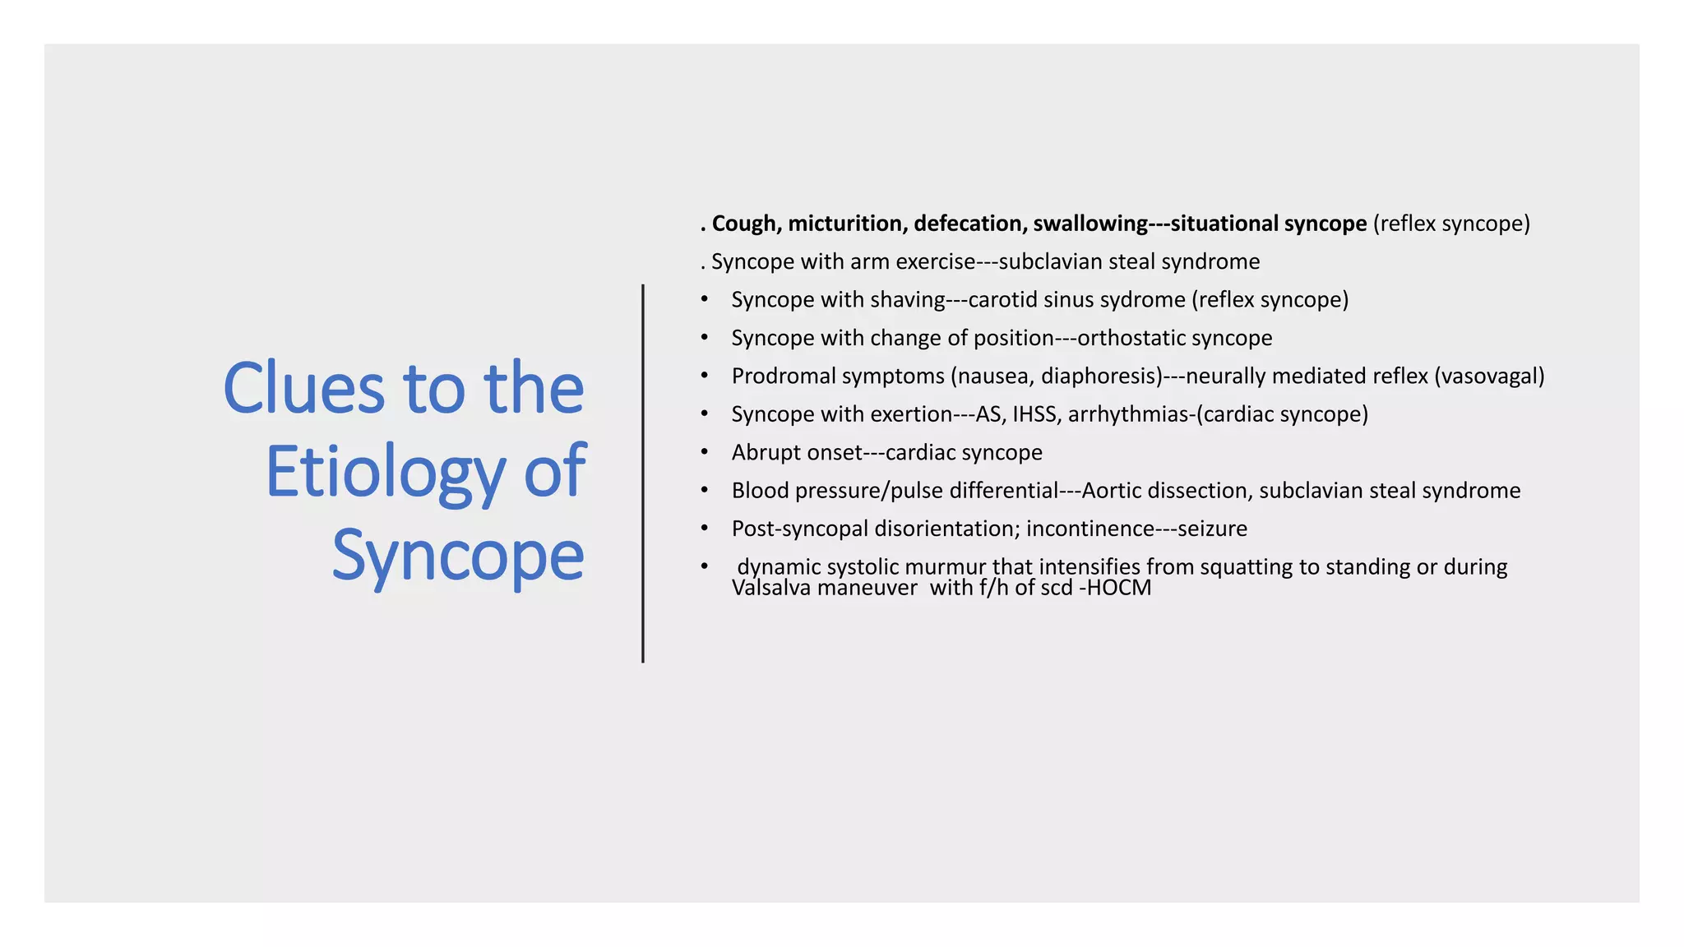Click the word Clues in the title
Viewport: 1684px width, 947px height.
point(303,388)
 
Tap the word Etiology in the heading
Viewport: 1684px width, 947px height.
point(384,473)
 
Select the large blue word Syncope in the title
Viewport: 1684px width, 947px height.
point(458,557)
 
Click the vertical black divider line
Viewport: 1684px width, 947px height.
point(643,473)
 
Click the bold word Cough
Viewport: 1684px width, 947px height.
point(743,224)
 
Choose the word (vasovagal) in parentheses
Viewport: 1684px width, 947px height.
point(1489,376)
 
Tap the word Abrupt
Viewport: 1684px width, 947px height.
point(764,452)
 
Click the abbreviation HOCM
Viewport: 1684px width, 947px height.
point(1118,588)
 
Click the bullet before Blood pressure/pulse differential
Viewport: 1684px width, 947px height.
point(705,490)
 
